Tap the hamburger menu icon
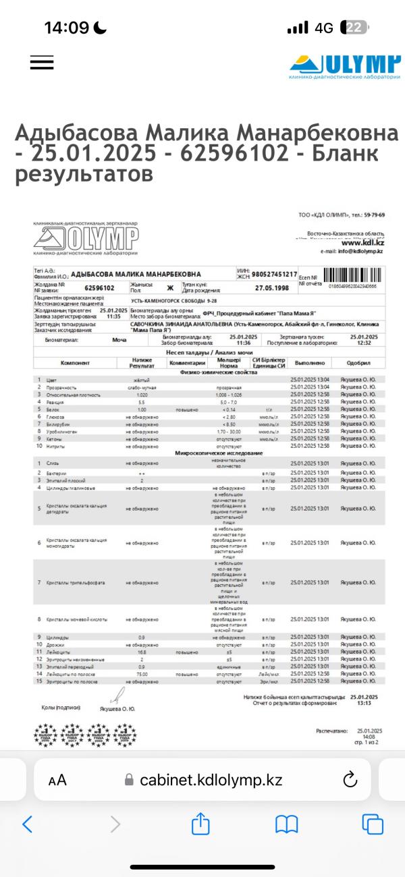[x=42, y=62]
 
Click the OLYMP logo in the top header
[x=345, y=66]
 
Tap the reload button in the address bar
[x=350, y=779]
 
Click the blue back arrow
[x=28, y=823]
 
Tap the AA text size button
[x=57, y=780]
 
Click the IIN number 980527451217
[x=274, y=274]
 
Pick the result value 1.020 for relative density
[x=142, y=395]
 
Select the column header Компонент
[x=75, y=363]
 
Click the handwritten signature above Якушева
[x=120, y=696]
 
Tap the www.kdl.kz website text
[x=362, y=244]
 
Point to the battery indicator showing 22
[x=354, y=28]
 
